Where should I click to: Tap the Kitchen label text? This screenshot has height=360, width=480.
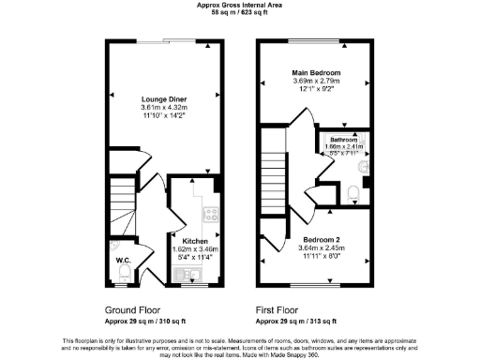[195, 239]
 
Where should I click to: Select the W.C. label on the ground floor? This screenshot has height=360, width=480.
[122, 260]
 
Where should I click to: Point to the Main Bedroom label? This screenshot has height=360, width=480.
[316, 73]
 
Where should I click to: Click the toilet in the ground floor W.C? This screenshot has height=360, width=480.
[125, 273]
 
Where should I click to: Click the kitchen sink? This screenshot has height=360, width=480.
[185, 274]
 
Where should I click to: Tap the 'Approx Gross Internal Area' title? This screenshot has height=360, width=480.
[240, 5]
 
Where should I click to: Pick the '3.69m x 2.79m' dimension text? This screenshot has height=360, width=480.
[316, 82]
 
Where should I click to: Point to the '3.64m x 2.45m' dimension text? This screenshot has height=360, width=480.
[315, 247]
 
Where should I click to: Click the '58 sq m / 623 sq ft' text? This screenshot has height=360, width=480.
[240, 13]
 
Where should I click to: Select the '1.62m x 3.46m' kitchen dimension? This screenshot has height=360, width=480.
[195, 248]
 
